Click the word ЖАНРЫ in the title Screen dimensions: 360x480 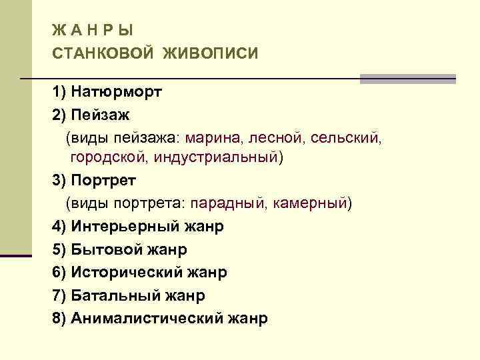pos(93,29)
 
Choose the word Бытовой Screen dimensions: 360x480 pos(103,249)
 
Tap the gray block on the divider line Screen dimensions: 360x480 pos(407,79)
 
